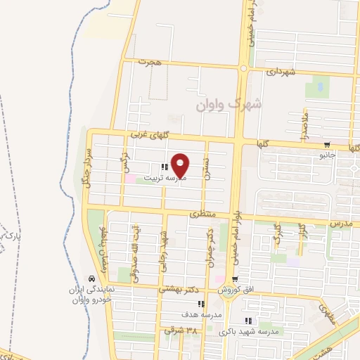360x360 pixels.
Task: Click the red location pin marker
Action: click(x=181, y=165)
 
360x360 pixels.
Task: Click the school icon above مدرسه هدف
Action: click(x=201, y=304)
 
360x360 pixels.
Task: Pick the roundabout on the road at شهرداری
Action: click(x=244, y=68)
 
